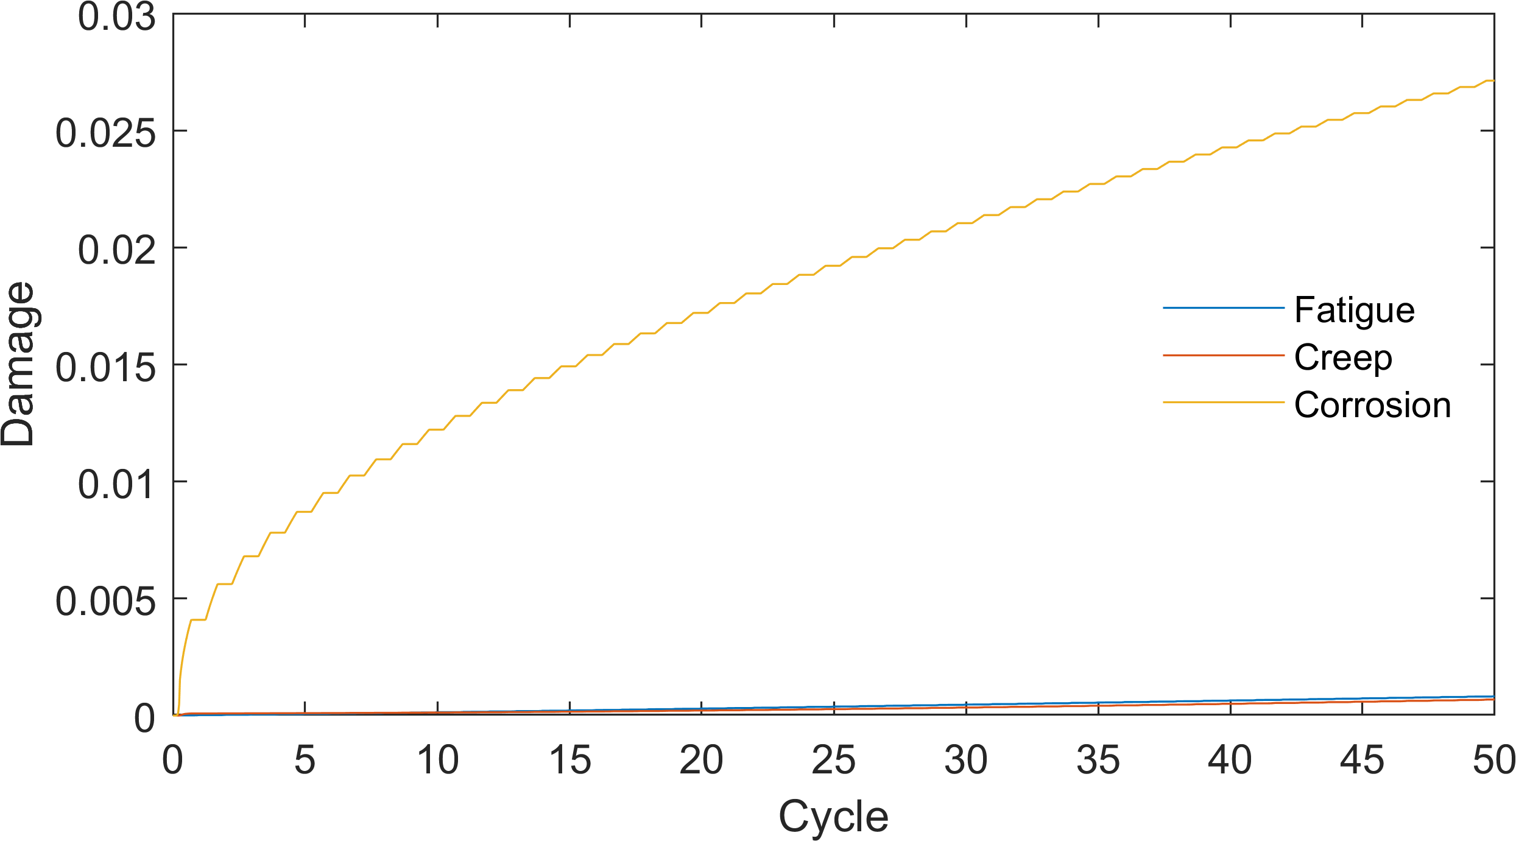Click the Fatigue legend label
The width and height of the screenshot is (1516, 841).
(1354, 311)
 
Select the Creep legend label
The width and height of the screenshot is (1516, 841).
(1343, 357)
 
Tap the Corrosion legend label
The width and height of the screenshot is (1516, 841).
(1372, 405)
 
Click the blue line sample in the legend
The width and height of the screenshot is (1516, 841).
(1223, 308)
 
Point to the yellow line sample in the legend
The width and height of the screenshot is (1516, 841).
(1223, 403)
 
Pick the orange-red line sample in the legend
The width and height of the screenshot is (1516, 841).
(1223, 355)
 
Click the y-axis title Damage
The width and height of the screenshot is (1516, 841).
(18, 364)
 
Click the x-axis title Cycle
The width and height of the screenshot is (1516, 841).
(833, 816)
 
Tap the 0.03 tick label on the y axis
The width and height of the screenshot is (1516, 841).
(116, 17)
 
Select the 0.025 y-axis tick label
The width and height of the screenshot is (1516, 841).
(105, 133)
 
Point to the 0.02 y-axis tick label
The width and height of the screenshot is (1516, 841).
(116, 250)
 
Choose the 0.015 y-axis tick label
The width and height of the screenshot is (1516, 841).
(105, 367)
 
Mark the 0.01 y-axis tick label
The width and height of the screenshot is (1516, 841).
(116, 484)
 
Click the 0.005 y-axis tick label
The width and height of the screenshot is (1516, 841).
(105, 601)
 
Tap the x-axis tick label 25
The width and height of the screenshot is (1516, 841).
(833, 760)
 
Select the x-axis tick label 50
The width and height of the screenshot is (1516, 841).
(1492, 760)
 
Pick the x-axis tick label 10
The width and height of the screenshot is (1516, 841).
(437, 760)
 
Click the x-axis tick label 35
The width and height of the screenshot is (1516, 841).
(1098, 760)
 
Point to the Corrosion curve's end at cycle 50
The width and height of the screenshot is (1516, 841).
(1493, 80)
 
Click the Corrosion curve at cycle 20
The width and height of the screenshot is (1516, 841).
(702, 312)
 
